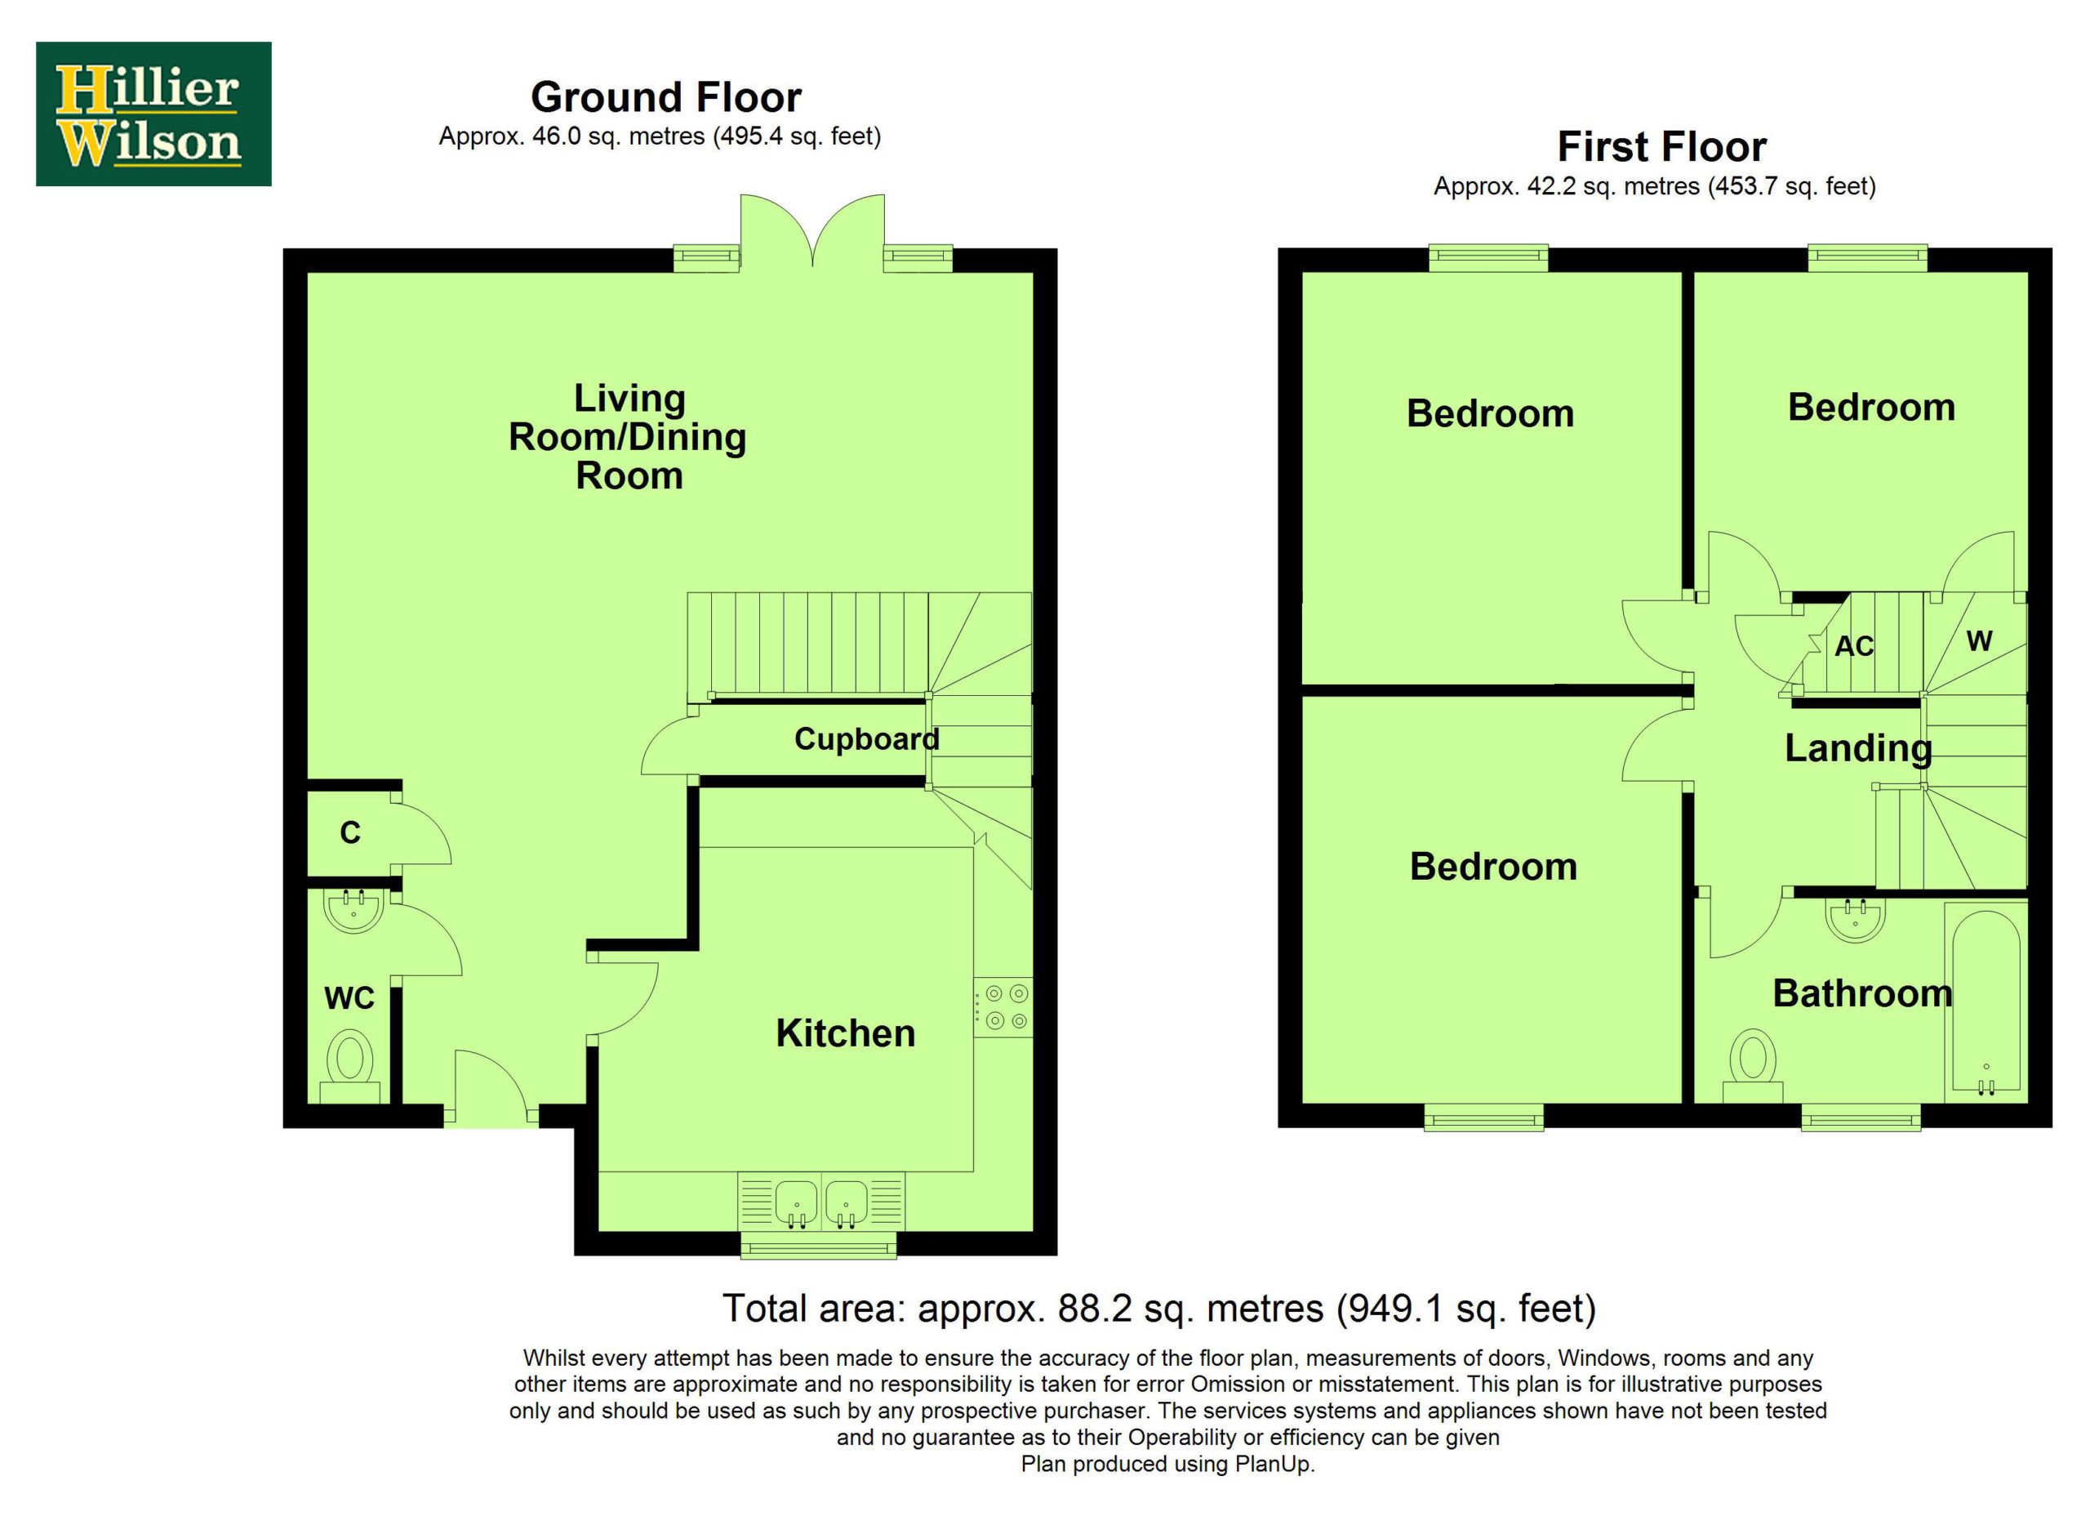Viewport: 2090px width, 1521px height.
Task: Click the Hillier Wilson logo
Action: [153, 114]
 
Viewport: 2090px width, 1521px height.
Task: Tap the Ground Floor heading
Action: [666, 96]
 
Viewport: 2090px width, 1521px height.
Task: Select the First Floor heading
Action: [1661, 146]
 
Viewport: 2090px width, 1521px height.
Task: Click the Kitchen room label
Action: [845, 1033]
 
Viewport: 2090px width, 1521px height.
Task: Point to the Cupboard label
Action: [866, 738]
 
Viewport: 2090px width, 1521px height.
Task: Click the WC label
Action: [349, 997]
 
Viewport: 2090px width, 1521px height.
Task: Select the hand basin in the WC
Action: [354, 911]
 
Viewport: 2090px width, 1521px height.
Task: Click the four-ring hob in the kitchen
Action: [1003, 1006]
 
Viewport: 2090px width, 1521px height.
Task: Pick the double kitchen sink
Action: [821, 1202]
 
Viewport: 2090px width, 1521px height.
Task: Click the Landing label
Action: [1858, 748]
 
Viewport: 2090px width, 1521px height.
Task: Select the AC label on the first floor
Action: [1854, 646]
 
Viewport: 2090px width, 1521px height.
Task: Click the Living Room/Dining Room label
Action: [629, 437]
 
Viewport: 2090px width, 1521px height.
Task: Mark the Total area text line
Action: [1159, 1309]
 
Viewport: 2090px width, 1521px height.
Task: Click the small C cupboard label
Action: [350, 832]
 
